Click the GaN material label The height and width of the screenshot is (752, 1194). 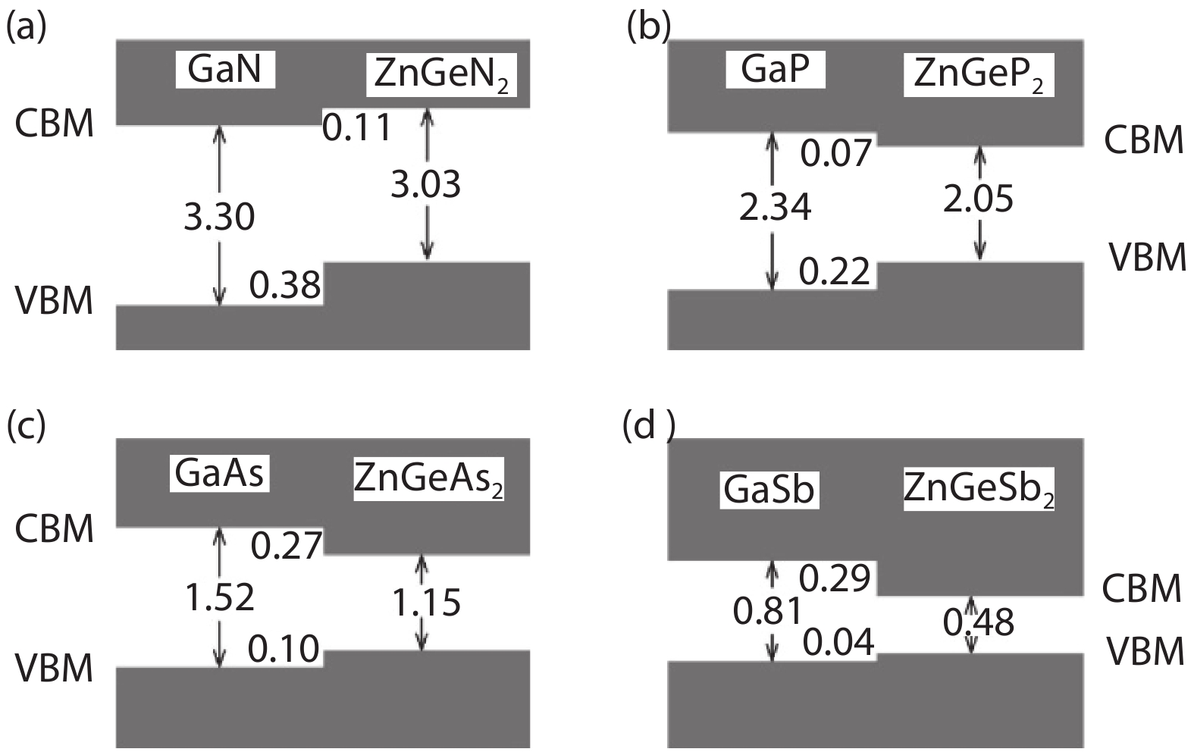224,70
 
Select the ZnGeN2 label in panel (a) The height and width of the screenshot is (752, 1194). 441,75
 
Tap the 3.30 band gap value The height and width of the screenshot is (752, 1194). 219,217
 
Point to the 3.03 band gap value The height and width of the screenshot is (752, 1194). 425,184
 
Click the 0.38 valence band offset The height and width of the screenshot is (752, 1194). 285,286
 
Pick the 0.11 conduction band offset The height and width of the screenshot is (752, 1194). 357,127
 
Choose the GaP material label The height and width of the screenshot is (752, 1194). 775,69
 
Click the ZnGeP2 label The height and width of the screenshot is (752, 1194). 979,75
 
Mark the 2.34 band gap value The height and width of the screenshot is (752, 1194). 775,207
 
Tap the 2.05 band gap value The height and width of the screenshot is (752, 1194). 978,199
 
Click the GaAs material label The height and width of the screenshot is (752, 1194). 219,474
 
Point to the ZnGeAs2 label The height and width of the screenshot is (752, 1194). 428,479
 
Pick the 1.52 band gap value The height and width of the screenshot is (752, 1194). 220,597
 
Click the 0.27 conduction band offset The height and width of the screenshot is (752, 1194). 287,545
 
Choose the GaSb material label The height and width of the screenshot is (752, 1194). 769,489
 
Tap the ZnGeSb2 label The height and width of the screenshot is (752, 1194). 979,489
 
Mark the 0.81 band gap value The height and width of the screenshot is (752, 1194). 767,611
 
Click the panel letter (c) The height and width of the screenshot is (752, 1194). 26,427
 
